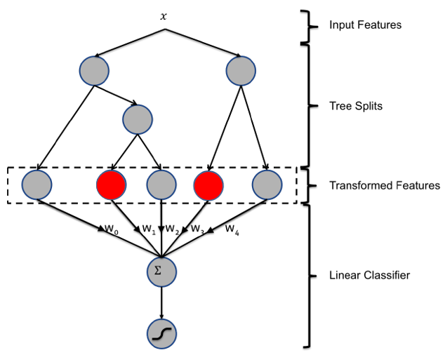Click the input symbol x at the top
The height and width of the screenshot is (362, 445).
coord(163,17)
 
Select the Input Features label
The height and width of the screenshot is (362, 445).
coord(365,25)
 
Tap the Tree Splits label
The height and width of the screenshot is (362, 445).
coord(356,106)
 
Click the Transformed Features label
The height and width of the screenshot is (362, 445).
coord(385,185)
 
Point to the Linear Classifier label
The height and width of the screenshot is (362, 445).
coord(369,275)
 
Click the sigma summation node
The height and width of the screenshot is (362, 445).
coord(161,271)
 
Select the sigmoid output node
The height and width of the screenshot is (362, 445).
coord(161,334)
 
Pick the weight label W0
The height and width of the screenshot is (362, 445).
coord(112,229)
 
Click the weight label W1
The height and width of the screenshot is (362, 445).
coord(149,229)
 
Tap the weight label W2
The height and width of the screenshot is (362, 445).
coord(172,229)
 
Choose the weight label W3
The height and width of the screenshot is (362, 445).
coord(197,229)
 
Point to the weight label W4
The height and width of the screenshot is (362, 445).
coord(232,230)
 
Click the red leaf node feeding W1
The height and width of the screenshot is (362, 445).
coord(111,185)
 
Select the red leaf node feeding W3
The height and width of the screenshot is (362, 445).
coord(208,185)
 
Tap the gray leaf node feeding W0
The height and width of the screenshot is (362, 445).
coord(37,185)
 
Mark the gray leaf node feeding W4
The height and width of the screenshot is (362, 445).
coord(267,185)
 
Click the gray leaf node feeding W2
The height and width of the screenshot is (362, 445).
coord(161,185)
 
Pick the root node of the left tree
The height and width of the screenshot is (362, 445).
coord(94,71)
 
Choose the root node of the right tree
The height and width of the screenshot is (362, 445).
coord(241,71)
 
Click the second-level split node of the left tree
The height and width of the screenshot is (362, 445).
coord(138,119)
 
